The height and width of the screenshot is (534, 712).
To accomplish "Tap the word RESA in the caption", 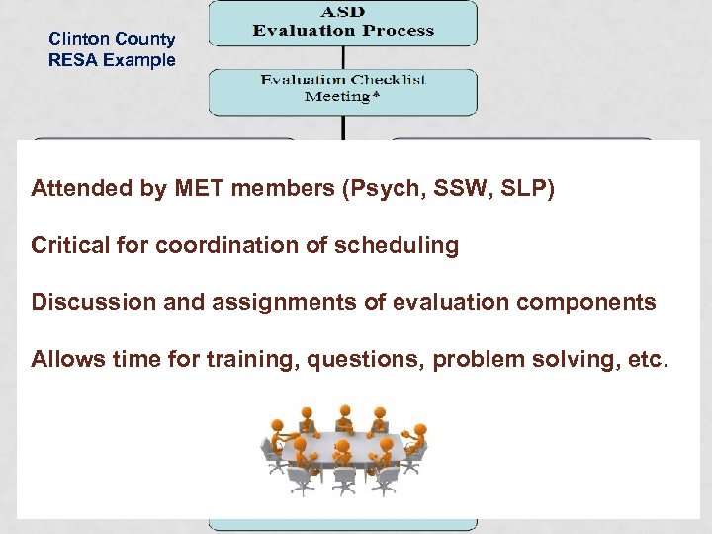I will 71,60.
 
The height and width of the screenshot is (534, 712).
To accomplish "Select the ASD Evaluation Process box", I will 342,23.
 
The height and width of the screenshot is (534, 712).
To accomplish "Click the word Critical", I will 68,245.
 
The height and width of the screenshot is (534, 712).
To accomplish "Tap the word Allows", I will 64,358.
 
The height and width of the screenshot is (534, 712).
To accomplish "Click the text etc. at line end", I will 649,358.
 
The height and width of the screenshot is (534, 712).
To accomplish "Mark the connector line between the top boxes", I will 342,57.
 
